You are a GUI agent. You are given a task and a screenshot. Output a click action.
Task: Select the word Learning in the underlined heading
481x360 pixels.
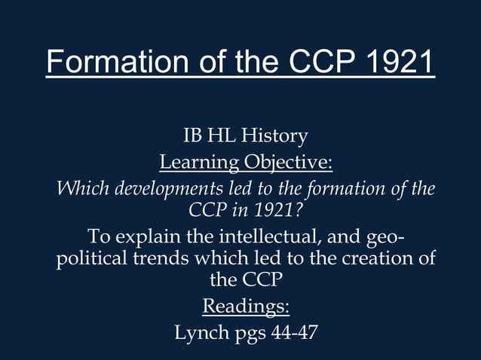[x=196, y=162]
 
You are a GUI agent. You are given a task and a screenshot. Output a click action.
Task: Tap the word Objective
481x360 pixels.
[x=286, y=162]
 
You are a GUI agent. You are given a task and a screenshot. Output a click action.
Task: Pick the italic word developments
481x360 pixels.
[x=161, y=188]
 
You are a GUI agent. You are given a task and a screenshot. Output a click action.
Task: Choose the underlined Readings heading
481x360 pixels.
[x=246, y=307]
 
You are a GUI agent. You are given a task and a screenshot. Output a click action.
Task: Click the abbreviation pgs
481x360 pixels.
[x=246, y=333]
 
